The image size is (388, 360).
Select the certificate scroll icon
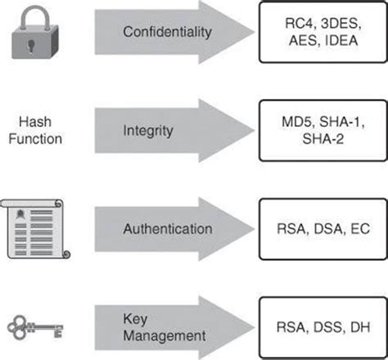[37, 229]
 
